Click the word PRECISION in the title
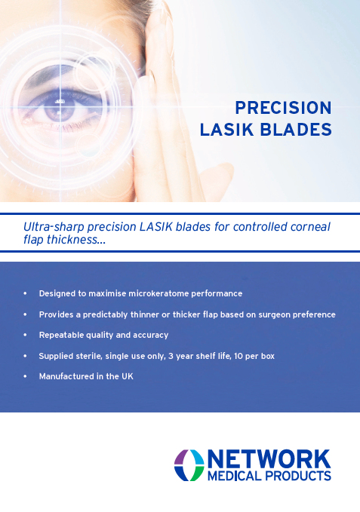tap(283, 108)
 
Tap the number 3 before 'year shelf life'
tap(171, 356)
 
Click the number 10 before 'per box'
tap(238, 356)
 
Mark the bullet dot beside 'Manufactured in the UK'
tap(25, 376)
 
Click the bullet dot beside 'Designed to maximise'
tap(25, 293)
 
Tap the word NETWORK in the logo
tap(269, 459)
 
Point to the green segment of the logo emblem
tap(197, 474)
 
